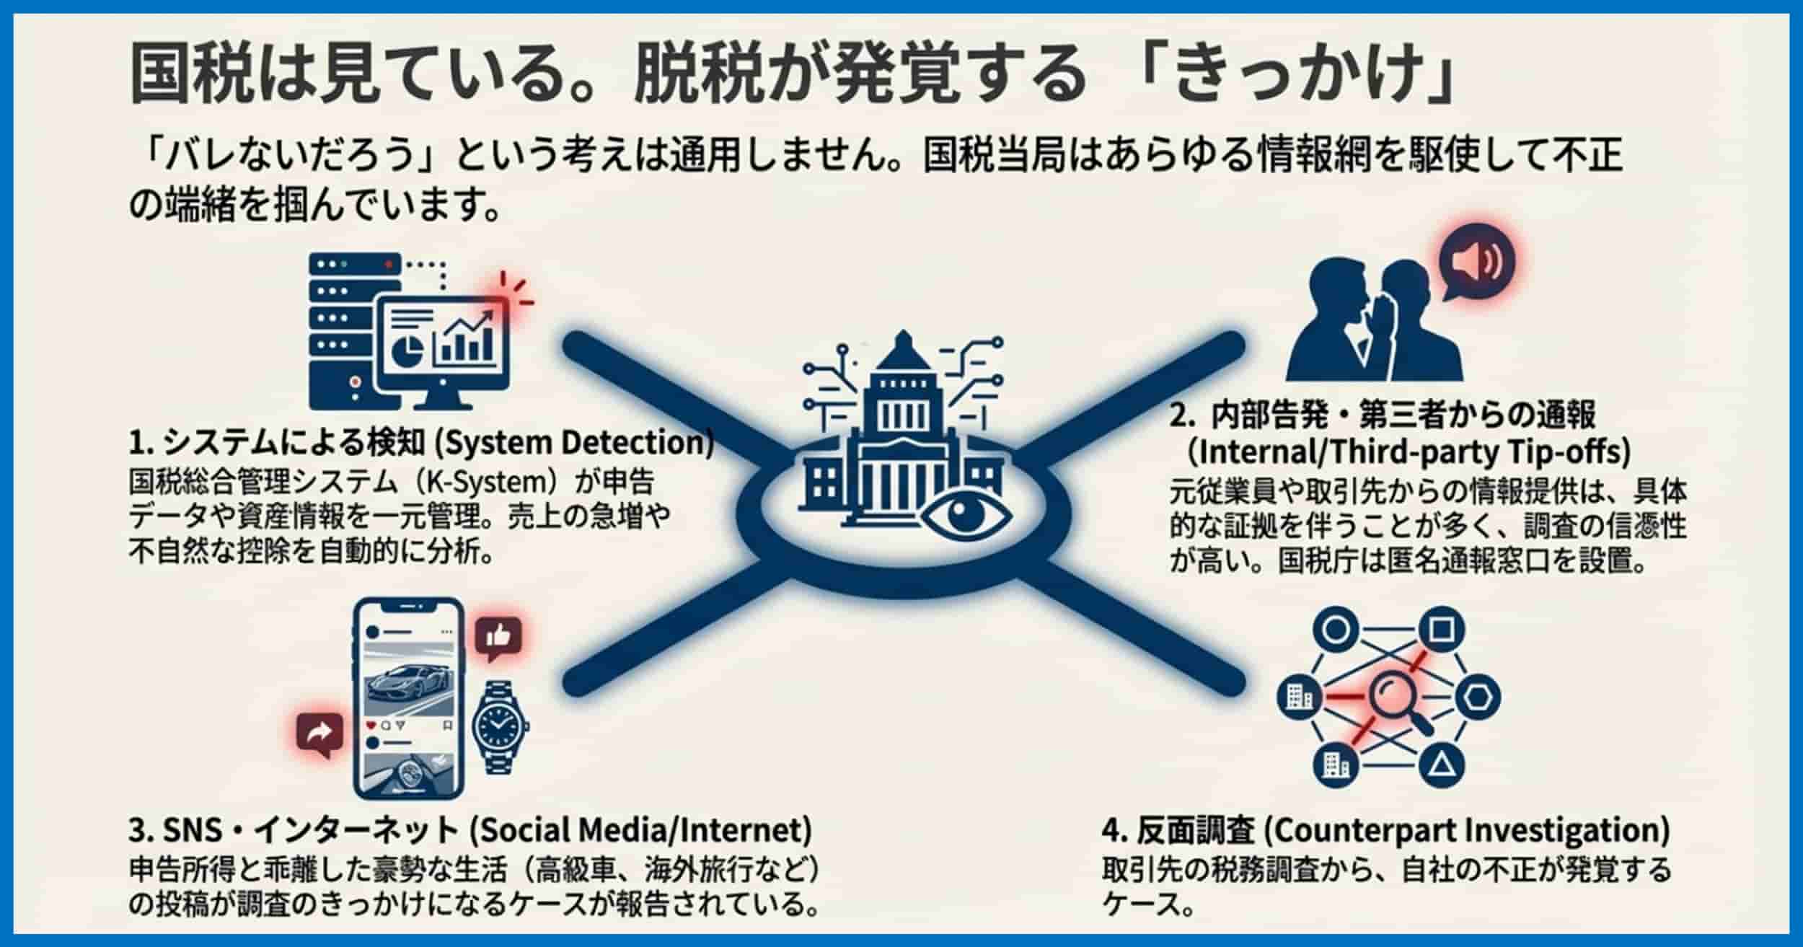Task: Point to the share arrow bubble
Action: tap(320, 733)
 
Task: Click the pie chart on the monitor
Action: tap(408, 349)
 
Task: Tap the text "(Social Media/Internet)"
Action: tap(640, 831)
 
